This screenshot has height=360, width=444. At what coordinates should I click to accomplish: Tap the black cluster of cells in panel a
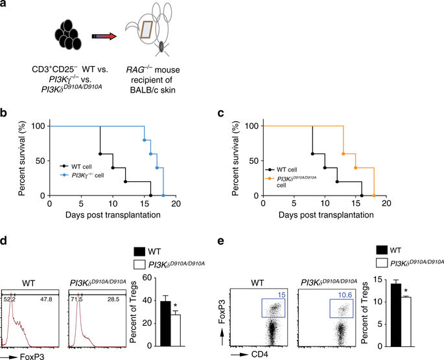coord(68,36)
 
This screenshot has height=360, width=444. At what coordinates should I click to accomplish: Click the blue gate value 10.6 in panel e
coord(360,278)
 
